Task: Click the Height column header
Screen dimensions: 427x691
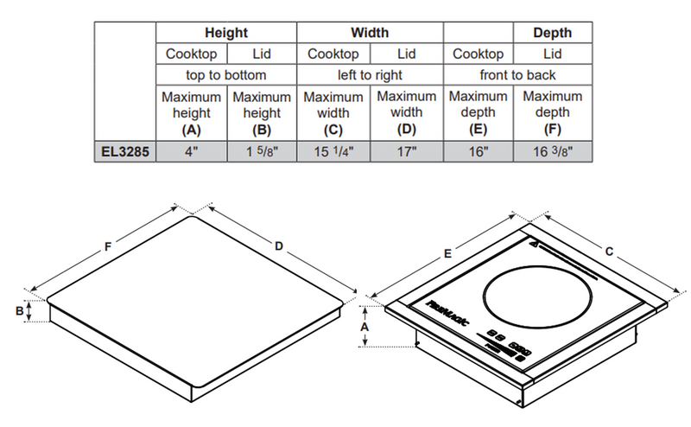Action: tap(226, 33)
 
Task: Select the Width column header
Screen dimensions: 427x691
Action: tap(369, 33)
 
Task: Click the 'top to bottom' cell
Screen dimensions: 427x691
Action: tap(226, 75)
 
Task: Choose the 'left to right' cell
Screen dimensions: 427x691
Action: tap(369, 75)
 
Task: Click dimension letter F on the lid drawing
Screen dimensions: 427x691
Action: tap(108, 247)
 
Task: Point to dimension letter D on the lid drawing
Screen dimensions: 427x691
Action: tap(279, 247)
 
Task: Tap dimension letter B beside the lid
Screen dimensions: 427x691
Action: tap(19, 310)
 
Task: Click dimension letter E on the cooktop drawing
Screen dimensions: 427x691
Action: tap(448, 252)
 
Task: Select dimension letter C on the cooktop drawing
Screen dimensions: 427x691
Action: tap(610, 252)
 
